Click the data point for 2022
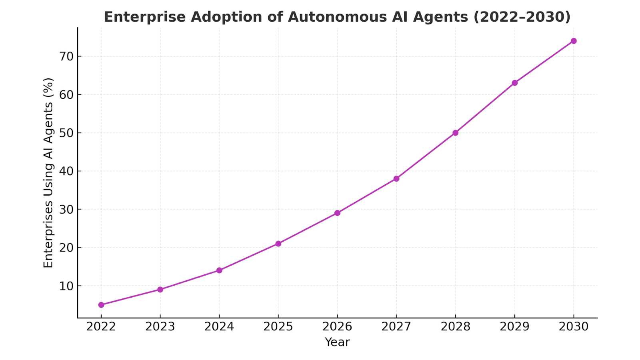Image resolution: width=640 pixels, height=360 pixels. pyautogui.click(x=101, y=305)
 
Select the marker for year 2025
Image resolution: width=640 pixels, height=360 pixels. pyautogui.click(x=278, y=244)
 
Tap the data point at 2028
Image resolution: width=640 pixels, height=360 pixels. pyautogui.click(x=455, y=133)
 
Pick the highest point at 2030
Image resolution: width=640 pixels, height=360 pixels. pyautogui.click(x=574, y=41)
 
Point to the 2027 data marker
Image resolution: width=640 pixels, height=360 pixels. pyautogui.click(x=396, y=178)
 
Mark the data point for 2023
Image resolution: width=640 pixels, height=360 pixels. pyautogui.click(x=160, y=290)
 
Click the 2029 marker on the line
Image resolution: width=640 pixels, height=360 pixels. pyautogui.click(x=515, y=83)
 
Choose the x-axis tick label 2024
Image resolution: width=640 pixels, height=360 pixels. pyautogui.click(x=219, y=327)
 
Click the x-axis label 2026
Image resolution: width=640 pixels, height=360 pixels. pyautogui.click(x=337, y=327)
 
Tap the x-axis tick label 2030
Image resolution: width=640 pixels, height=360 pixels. pyautogui.click(x=574, y=327)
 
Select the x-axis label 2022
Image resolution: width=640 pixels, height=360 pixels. pyautogui.click(x=101, y=327)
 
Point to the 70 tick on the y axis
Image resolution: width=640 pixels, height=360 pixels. pyautogui.click(x=67, y=56)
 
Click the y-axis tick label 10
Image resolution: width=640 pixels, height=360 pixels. pyautogui.click(x=67, y=286)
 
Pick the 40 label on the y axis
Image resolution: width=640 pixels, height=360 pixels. pyautogui.click(x=67, y=171)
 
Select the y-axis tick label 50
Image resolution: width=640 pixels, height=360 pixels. pyautogui.click(x=67, y=133)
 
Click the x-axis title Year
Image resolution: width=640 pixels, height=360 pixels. pyautogui.click(x=337, y=342)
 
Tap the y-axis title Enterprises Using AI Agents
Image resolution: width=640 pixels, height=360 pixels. pyautogui.click(x=48, y=173)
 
